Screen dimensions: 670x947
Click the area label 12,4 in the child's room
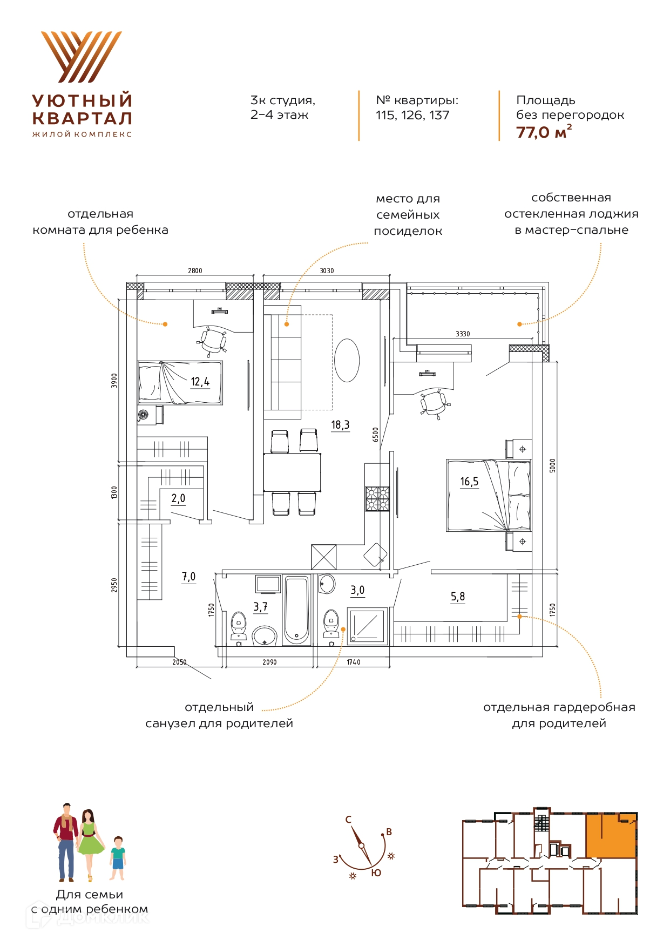point(200,382)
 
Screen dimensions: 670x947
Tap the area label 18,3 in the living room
point(340,425)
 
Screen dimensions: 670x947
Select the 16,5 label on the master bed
point(469,482)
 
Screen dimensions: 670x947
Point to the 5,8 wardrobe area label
point(458,597)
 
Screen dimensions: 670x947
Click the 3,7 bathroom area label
point(260,607)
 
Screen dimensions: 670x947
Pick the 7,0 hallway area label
point(188,577)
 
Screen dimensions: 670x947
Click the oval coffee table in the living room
point(347,360)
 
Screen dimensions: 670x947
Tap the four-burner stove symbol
point(377,499)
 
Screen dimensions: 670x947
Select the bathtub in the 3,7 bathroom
point(297,610)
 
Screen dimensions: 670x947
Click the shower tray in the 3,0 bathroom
point(368,626)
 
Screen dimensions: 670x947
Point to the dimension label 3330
point(463,334)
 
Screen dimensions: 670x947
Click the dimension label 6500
point(376,435)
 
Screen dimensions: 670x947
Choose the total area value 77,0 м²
point(544,132)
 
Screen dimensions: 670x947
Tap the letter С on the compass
point(348,820)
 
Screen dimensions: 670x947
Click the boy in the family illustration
point(118,859)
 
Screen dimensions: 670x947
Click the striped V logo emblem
point(82,57)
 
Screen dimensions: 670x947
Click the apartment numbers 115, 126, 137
point(412,115)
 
